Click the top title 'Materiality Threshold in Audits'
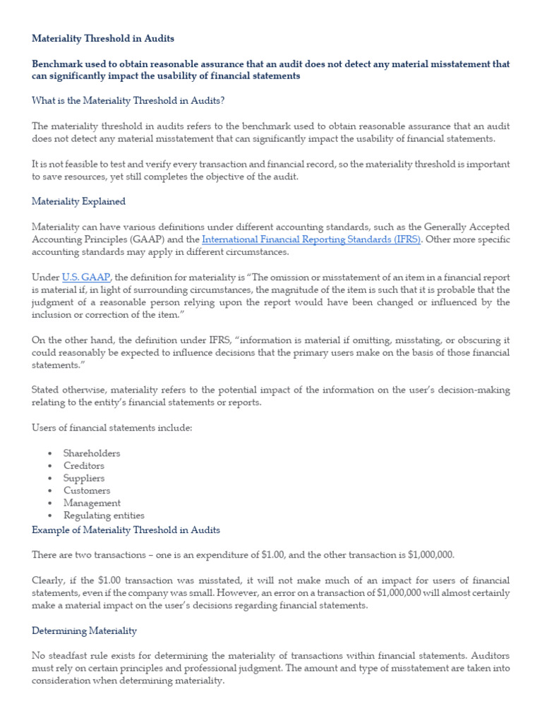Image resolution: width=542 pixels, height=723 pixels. click(x=103, y=38)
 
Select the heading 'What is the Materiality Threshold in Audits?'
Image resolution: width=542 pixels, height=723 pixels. click(x=128, y=101)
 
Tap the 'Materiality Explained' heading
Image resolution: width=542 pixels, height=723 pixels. click(x=78, y=201)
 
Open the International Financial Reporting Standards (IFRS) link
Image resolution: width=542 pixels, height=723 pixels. click(x=311, y=239)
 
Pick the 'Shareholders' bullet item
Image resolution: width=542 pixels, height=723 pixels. click(x=92, y=453)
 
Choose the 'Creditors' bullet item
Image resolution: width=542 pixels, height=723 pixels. click(x=84, y=466)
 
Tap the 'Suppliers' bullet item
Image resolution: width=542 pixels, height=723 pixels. click(x=84, y=478)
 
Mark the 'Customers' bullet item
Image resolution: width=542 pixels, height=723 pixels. click(x=87, y=491)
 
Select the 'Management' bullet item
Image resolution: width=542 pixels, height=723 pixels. click(x=92, y=503)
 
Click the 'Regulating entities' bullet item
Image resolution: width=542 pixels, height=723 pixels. click(x=104, y=516)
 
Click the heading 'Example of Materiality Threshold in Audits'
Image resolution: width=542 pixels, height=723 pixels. click(x=126, y=530)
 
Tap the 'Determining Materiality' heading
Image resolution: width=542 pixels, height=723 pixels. click(x=85, y=631)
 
